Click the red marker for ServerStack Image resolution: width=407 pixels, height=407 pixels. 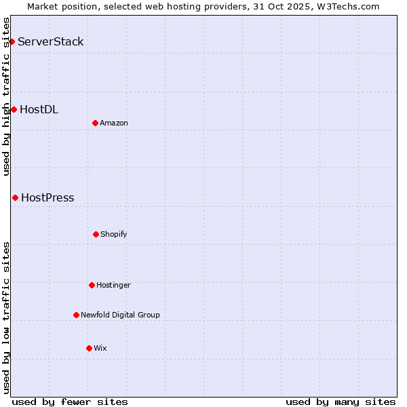coord(12,42)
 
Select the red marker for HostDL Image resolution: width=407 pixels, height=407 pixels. coord(14,109)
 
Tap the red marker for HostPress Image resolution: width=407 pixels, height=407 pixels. coord(15,197)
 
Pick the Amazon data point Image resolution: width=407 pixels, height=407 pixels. coord(95,123)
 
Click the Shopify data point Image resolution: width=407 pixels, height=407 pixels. coord(96,234)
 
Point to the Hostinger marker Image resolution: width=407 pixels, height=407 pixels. coord(92,285)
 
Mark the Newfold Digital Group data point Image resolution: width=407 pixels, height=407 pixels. coord(76,315)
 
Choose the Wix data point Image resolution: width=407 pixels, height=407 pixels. coord(89,348)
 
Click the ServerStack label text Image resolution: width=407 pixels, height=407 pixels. coord(51,42)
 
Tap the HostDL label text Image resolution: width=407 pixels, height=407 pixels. coord(39,109)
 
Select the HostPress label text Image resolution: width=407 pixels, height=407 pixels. coord(47,198)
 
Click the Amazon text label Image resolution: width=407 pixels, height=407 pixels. coord(114,123)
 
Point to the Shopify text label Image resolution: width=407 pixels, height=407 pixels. coord(114,234)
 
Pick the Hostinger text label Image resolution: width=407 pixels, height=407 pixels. coord(113,285)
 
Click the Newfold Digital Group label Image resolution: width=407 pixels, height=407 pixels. coord(120,315)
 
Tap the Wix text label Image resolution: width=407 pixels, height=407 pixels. coord(100,348)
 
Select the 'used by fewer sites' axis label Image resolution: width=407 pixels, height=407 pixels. coord(70,402)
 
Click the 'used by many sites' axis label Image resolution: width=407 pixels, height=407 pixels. coord(341,402)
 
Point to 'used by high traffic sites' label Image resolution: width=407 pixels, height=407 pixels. coord(6,96)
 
